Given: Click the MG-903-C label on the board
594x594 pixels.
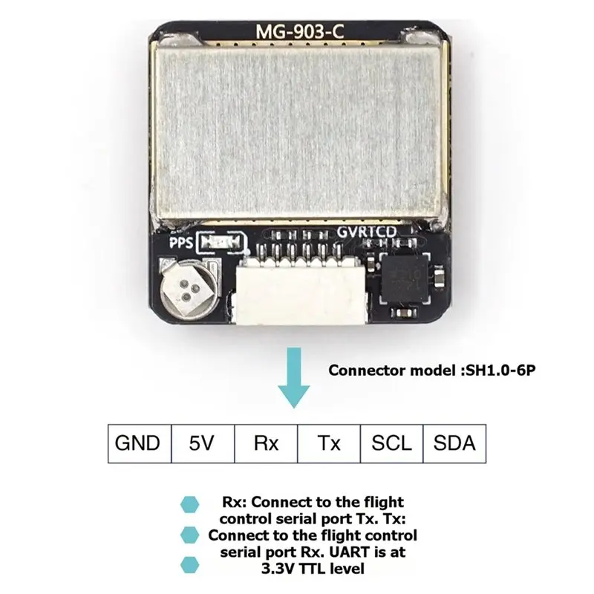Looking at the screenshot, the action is pyautogui.click(x=300, y=31).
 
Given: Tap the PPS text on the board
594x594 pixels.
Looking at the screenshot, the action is pyautogui.click(x=180, y=243).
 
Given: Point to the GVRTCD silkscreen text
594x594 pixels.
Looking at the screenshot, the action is pyautogui.click(x=366, y=232).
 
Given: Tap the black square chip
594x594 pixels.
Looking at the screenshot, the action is pyautogui.click(x=405, y=278).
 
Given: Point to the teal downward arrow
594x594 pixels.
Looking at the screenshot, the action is pyautogui.click(x=294, y=378).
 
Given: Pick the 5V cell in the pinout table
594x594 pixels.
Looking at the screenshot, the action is pyautogui.click(x=203, y=443).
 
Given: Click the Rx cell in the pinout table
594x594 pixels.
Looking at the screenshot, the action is pyautogui.click(x=266, y=443).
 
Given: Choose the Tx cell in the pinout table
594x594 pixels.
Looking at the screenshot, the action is pyautogui.click(x=329, y=443).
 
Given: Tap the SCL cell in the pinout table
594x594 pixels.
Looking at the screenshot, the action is pyautogui.click(x=392, y=443).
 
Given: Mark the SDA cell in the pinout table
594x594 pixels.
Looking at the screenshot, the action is pyautogui.click(x=454, y=443).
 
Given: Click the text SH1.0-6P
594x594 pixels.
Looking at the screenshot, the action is pyautogui.click(x=500, y=370).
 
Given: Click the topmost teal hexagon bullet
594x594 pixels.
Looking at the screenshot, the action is pyautogui.click(x=189, y=505).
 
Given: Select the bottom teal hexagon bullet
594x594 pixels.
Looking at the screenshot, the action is pyautogui.click(x=189, y=565).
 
